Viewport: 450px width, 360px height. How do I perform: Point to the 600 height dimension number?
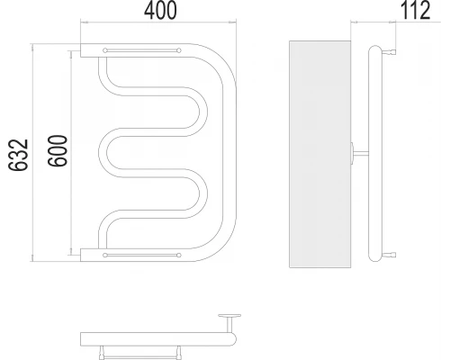[x=57, y=155]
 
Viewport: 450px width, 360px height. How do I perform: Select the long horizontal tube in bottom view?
[x=157, y=338]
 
